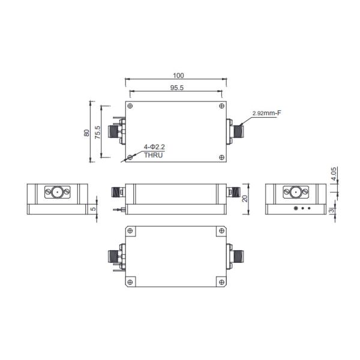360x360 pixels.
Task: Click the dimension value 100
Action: click(178, 76)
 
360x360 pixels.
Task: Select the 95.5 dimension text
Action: click(177, 88)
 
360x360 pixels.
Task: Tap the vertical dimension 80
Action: click(87, 132)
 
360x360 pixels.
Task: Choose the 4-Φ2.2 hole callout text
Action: click(154, 147)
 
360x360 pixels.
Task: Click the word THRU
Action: click(152, 155)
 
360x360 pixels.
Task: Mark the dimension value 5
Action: click(93, 210)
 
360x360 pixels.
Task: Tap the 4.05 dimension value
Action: click(334, 174)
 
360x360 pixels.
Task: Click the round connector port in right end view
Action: click(295, 193)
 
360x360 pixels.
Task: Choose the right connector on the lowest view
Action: click(234, 256)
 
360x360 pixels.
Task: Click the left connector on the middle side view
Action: click(118, 193)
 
